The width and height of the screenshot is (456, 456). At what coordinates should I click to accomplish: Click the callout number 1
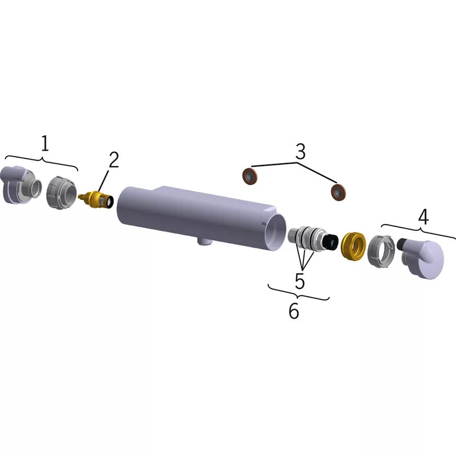pyautogui.click(x=44, y=143)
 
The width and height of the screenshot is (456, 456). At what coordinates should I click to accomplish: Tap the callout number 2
pyautogui.click(x=114, y=160)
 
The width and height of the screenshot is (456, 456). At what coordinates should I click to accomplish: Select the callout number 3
pyautogui.click(x=300, y=151)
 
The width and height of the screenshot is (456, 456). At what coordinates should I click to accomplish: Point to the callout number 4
pyautogui.click(x=423, y=217)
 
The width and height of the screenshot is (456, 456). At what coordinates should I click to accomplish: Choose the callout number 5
pyautogui.click(x=300, y=281)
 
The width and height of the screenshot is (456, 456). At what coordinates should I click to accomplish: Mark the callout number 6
pyautogui.click(x=294, y=311)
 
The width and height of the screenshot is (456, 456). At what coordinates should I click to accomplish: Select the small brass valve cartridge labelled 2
pyautogui.click(x=97, y=200)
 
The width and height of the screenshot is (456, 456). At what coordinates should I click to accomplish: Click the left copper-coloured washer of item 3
pyautogui.click(x=250, y=176)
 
